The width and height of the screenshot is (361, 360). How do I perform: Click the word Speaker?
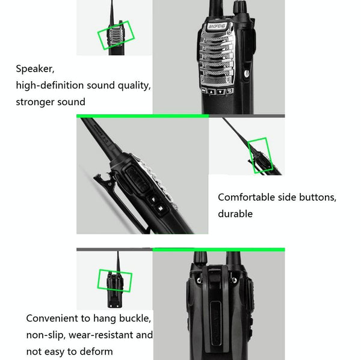pos(34,69)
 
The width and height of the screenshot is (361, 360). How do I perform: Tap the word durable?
pos(235,213)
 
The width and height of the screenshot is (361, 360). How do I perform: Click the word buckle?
pos(136,319)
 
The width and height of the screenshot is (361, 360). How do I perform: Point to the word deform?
pos(96,351)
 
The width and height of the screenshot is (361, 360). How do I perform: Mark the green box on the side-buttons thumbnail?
pos(261,154)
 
